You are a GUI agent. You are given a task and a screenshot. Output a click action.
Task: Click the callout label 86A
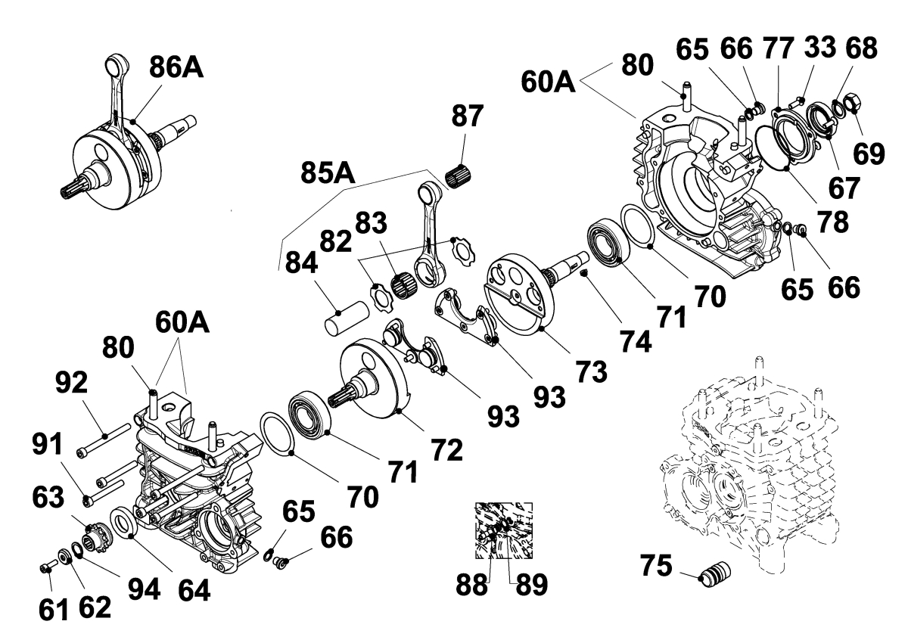pos(176,67)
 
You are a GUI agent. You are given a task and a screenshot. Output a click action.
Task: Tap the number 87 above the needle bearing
pos(468,116)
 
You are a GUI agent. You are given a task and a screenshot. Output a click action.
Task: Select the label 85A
pos(328,173)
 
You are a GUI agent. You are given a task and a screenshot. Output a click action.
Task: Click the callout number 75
pos(656,566)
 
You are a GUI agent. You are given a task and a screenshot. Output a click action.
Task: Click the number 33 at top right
pos(820,47)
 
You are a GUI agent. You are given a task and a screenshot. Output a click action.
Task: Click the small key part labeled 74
pos(583,274)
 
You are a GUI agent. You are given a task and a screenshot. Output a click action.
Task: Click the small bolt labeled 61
pos(47,567)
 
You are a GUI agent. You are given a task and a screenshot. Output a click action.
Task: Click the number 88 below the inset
pos(471,585)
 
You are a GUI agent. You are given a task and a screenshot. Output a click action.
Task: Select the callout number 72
pos(446,450)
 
